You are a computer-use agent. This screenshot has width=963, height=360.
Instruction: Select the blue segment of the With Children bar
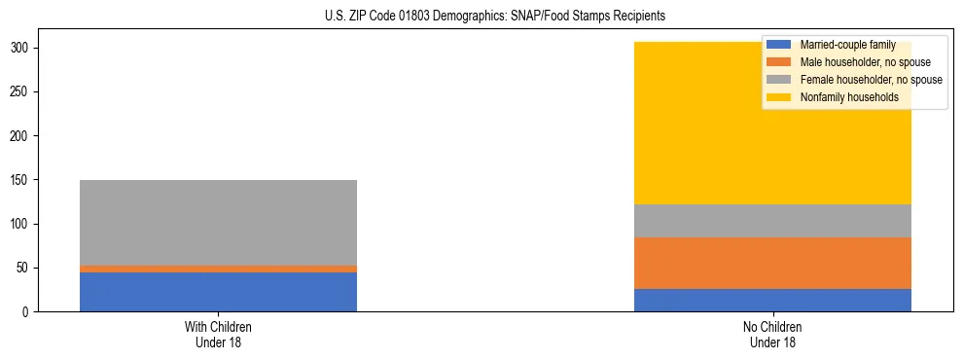[218, 292]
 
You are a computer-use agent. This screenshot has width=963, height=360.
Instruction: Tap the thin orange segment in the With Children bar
[218, 269]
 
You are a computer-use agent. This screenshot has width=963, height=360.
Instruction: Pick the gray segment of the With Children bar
[218, 223]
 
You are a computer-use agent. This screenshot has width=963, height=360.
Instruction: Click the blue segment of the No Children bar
[772, 300]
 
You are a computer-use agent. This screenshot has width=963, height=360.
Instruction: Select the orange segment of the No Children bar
[772, 263]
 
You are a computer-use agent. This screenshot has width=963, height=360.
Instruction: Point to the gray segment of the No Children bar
[772, 221]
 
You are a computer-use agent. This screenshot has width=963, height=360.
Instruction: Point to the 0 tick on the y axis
[28, 312]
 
